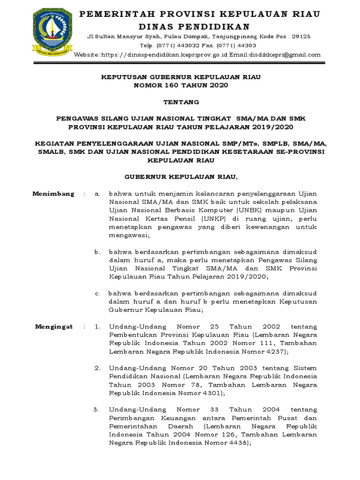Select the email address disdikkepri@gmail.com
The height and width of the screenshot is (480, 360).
[283, 55]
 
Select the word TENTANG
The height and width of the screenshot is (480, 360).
[180, 102]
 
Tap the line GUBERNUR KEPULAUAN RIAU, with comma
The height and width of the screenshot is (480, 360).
[180, 176]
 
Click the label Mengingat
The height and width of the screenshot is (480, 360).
[54, 327]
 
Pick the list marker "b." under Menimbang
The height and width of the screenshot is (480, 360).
[97, 252]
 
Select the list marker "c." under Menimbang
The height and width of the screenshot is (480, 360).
[97, 293]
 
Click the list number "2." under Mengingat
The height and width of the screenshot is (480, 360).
[97, 368]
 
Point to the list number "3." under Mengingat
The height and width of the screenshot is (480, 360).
[96, 410]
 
